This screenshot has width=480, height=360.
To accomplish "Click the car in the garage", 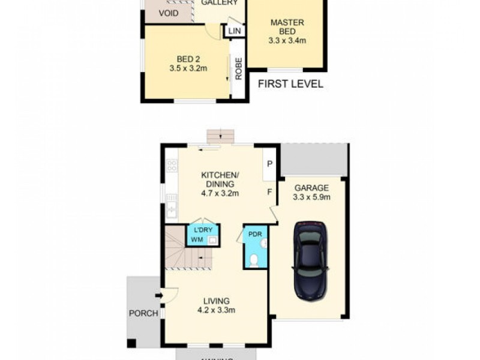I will pyautogui.click(x=310, y=260).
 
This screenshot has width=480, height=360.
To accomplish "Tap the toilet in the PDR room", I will pyautogui.click(x=254, y=260).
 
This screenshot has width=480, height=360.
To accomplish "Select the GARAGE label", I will pyautogui.click(x=311, y=188).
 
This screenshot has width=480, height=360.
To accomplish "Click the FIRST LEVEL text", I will pyautogui.click(x=290, y=84).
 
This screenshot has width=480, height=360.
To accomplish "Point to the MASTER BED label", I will pyautogui.click(x=287, y=27).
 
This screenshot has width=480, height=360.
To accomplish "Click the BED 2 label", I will pyautogui.click(x=188, y=59).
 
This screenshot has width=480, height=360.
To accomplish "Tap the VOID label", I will pyautogui.click(x=168, y=13).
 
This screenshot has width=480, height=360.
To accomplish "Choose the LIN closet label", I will pyautogui.click(x=234, y=29).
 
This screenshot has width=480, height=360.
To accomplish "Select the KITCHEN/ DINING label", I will pyautogui.click(x=220, y=179).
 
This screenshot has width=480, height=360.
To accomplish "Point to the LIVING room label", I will pyautogui.click(x=217, y=301).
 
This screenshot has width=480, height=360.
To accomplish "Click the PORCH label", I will pyautogui.click(x=143, y=313).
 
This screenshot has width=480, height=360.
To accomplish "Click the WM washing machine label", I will pyautogui.click(x=197, y=240).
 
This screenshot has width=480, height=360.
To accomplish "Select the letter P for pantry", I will pyautogui.click(x=269, y=164).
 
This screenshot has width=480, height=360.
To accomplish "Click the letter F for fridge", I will pyautogui.click(x=269, y=193).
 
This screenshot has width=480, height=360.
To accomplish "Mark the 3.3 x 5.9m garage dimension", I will pyautogui.click(x=311, y=197).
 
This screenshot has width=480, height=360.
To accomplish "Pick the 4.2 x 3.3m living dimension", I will pyautogui.click(x=217, y=310).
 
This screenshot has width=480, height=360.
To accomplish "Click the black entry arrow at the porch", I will pyautogui.click(x=159, y=295).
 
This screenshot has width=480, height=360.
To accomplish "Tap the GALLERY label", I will pyautogui.click(x=215, y=3).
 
